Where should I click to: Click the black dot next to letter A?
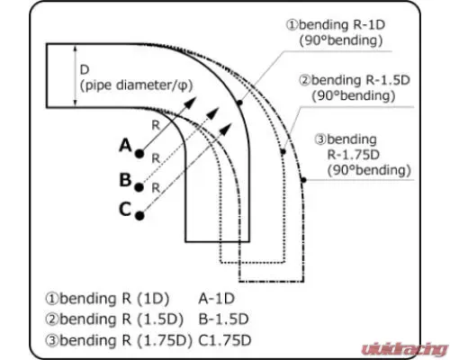click(x=139, y=154)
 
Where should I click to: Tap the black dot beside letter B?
click(x=139, y=187)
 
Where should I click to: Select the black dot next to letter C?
click(x=139, y=216)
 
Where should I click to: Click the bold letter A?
click(x=125, y=146)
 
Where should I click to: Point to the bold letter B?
click(x=125, y=180)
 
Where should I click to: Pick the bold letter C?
click(x=125, y=209)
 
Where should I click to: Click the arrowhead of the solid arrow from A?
click(x=190, y=103)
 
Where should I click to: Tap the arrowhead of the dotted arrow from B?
click(x=213, y=112)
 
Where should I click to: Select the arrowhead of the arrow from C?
click(x=226, y=129)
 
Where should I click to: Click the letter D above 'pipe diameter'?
click(x=85, y=70)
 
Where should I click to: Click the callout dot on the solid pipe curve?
click(x=239, y=103)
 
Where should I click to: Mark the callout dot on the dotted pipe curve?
click(x=283, y=152)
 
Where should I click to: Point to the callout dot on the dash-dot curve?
click(x=303, y=180)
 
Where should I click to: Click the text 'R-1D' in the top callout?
click(x=369, y=25)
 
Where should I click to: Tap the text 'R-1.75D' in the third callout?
click(x=354, y=155)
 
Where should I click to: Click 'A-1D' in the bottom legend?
click(x=216, y=299)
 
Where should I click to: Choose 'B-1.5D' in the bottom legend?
click(x=224, y=319)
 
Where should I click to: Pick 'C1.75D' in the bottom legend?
click(x=225, y=340)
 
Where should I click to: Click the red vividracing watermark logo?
click(x=405, y=349)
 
